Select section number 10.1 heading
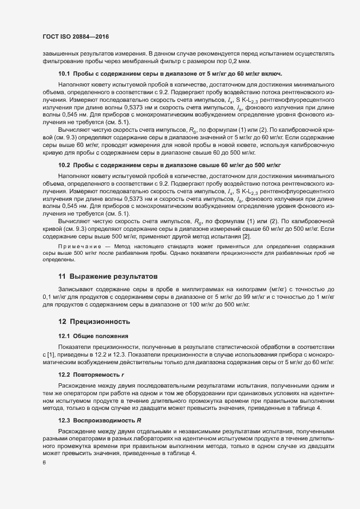[x=65, y=73]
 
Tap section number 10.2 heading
[x=65, y=164]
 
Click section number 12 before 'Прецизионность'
[x=62, y=322]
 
